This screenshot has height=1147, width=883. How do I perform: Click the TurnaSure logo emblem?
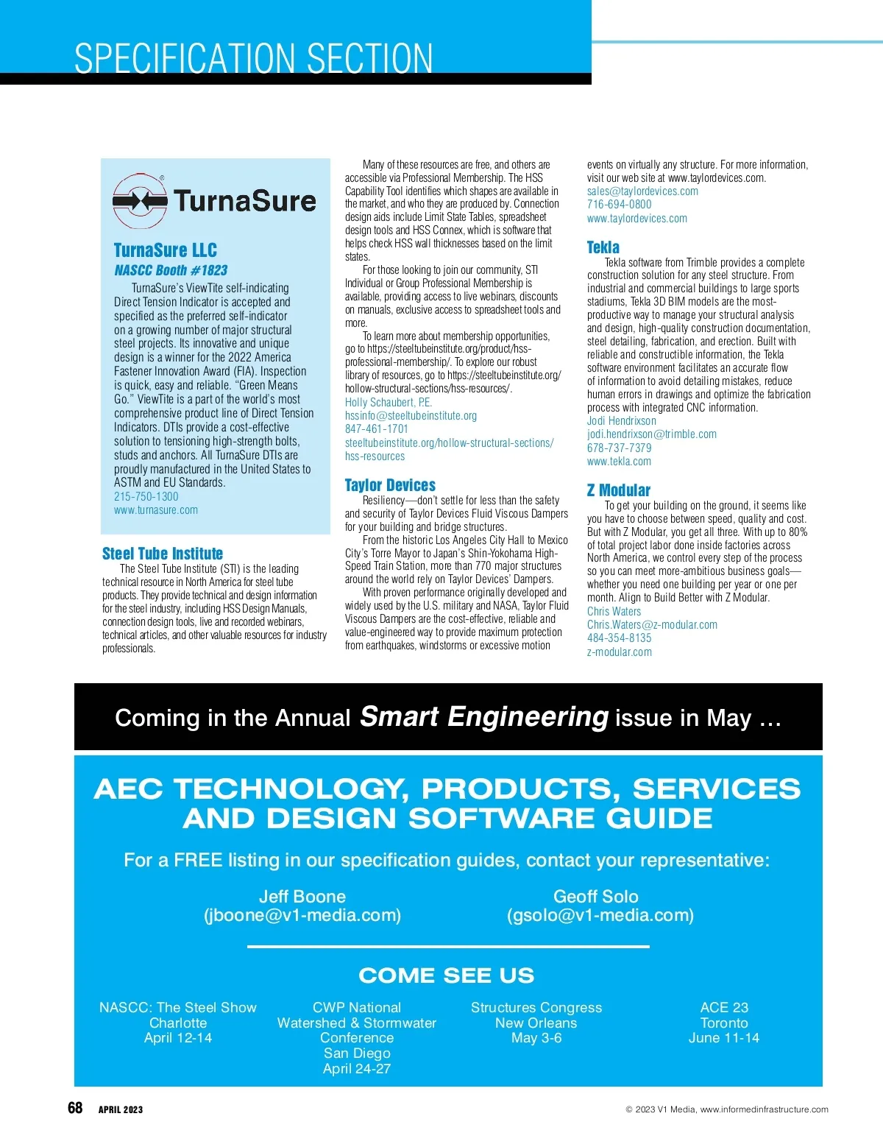click(x=140, y=200)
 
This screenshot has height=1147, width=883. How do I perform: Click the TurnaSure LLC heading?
click(x=166, y=250)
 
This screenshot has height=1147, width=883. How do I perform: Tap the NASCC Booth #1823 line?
click(x=171, y=270)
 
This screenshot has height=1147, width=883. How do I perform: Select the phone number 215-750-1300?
click(x=146, y=496)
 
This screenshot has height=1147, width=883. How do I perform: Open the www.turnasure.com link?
click(x=156, y=510)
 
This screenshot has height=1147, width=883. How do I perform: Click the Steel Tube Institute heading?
click(x=163, y=554)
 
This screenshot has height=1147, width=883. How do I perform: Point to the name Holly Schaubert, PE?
click(x=389, y=402)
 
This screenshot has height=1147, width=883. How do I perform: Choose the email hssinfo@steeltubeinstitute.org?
click(x=411, y=415)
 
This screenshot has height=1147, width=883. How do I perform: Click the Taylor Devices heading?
click(x=390, y=485)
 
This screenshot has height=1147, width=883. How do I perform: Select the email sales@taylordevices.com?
click(x=642, y=191)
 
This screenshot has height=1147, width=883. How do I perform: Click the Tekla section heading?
click(x=603, y=247)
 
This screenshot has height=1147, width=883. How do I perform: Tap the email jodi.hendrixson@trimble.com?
click(x=652, y=434)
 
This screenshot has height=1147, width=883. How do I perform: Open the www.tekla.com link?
click(x=619, y=462)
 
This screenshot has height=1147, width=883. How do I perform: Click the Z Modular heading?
click(x=619, y=490)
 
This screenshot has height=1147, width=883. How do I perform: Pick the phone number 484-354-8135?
click(x=619, y=638)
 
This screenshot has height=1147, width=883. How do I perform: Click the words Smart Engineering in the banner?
click(x=484, y=716)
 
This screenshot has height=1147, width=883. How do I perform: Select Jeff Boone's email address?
click(x=302, y=915)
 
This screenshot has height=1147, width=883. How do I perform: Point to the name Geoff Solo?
click(x=596, y=897)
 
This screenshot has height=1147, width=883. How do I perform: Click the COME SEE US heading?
click(x=447, y=975)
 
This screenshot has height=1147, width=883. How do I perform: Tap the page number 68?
click(x=75, y=1108)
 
